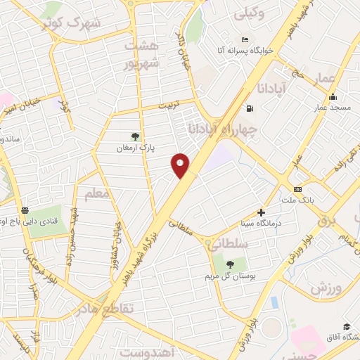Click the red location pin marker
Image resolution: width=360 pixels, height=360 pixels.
[181, 165]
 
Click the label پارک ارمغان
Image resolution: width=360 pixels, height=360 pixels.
[135, 148]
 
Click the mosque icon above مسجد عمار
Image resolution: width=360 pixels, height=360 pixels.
[333, 97]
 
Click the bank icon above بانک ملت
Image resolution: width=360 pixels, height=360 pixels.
[297, 189]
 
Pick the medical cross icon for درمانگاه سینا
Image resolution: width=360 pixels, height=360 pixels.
[262, 212]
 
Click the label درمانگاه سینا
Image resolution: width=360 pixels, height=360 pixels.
[262, 224]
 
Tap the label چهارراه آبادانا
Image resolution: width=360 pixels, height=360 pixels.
[224, 129]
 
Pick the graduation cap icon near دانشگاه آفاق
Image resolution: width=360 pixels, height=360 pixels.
[347, 326]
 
